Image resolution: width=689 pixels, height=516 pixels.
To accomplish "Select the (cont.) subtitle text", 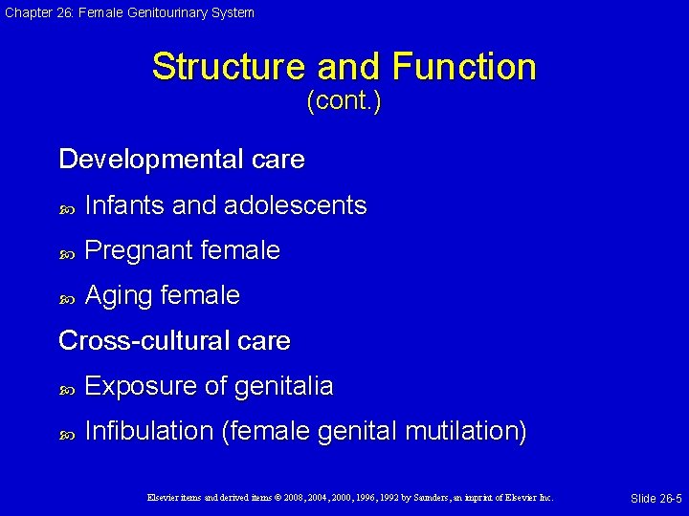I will pyautogui.click(x=344, y=101).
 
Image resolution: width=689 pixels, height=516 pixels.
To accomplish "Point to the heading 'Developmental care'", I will pyautogui.click(x=182, y=160).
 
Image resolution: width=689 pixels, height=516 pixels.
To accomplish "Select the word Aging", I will pyautogui.click(x=119, y=296).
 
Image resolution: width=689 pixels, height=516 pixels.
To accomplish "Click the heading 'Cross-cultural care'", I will pyautogui.click(x=174, y=340).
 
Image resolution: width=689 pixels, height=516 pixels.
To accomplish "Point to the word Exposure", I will pyautogui.click(x=143, y=386).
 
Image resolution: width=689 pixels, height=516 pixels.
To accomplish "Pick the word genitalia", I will pyautogui.click(x=282, y=386).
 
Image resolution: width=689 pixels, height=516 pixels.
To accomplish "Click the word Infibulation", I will pyautogui.click(x=149, y=431).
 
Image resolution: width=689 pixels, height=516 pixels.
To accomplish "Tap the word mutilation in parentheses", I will pyautogui.click(x=465, y=431).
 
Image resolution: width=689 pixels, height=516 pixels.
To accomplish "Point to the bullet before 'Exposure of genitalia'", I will pyautogui.click(x=66, y=388).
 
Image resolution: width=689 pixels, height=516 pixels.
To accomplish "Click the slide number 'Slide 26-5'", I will pyautogui.click(x=656, y=499).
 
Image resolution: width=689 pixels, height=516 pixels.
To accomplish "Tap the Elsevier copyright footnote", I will pyautogui.click(x=350, y=498).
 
